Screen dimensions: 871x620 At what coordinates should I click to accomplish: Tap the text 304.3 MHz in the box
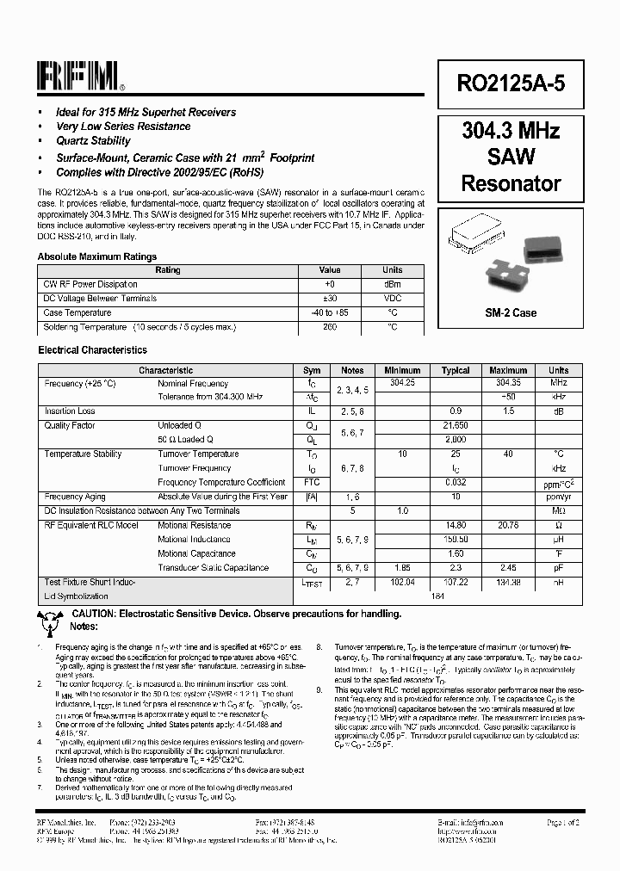(511, 131)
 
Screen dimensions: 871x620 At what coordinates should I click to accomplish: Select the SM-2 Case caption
(511, 313)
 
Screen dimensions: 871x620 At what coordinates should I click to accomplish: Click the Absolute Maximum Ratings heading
(97, 256)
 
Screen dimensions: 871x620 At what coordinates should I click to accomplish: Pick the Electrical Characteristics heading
(92, 350)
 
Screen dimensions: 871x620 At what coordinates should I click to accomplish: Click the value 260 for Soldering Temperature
(330, 327)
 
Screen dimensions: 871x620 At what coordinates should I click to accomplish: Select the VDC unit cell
(392, 299)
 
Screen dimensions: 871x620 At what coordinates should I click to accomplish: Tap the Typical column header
(456, 370)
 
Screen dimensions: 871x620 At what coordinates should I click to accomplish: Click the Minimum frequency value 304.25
(402, 383)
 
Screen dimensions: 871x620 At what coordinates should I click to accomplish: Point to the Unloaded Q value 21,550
(456, 425)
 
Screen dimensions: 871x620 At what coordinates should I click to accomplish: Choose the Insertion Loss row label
(70, 411)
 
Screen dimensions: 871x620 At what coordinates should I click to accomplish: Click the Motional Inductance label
(194, 540)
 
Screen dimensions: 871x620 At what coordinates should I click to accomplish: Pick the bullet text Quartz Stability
(93, 141)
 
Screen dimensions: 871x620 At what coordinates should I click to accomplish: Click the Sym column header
(312, 370)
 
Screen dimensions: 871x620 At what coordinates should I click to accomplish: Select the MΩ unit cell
(558, 510)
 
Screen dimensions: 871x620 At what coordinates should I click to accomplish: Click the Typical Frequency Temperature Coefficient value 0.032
(456, 482)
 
